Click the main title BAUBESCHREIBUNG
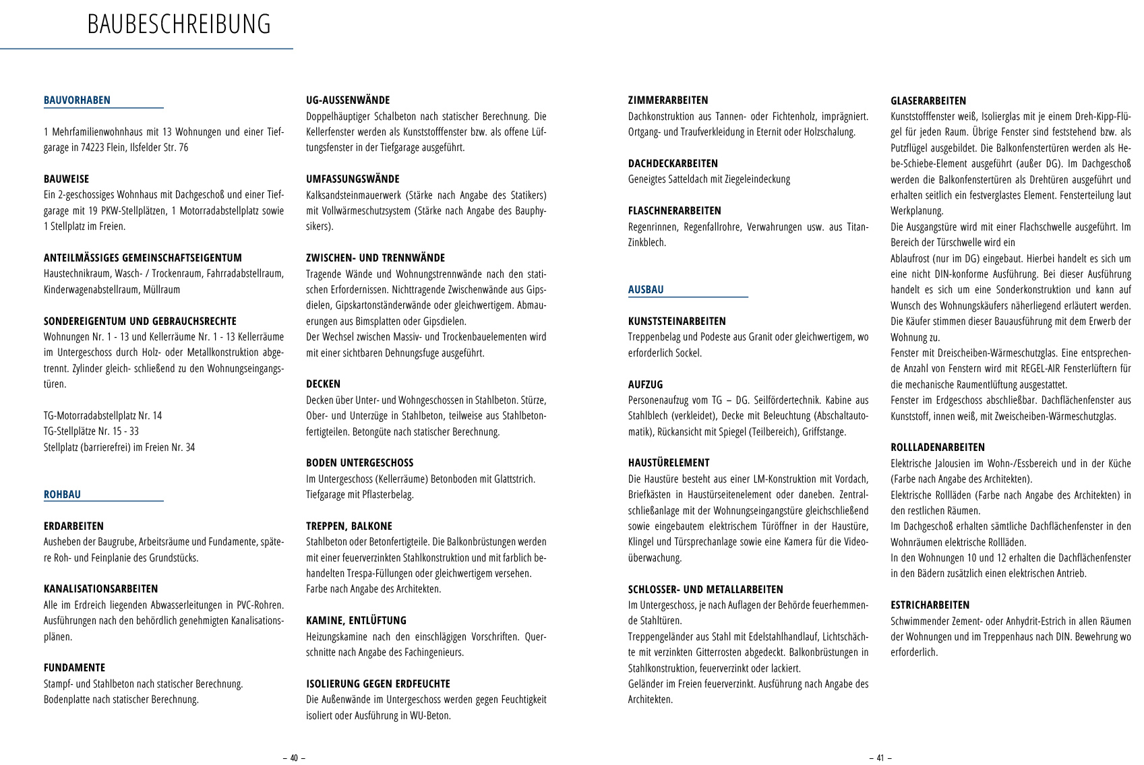click(x=179, y=24)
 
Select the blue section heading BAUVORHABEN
click(x=77, y=100)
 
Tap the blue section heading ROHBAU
click(x=62, y=495)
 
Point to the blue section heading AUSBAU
click(x=646, y=290)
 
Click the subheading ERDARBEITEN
click(x=73, y=526)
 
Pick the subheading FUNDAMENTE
click(x=74, y=668)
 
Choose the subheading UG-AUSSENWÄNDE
click(x=348, y=100)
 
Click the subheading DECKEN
click(x=323, y=384)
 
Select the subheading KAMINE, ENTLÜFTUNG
click(x=356, y=621)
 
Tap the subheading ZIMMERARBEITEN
click(x=668, y=100)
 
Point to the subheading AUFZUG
click(x=645, y=384)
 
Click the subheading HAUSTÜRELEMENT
click(x=669, y=463)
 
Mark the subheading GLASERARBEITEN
click(x=928, y=101)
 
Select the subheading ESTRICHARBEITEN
click(x=930, y=605)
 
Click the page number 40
click(x=293, y=758)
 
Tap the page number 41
click(x=880, y=758)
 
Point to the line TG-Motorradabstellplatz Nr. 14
click(x=102, y=416)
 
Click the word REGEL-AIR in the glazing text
click(x=1043, y=369)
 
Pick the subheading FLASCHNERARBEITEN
click(x=674, y=211)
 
